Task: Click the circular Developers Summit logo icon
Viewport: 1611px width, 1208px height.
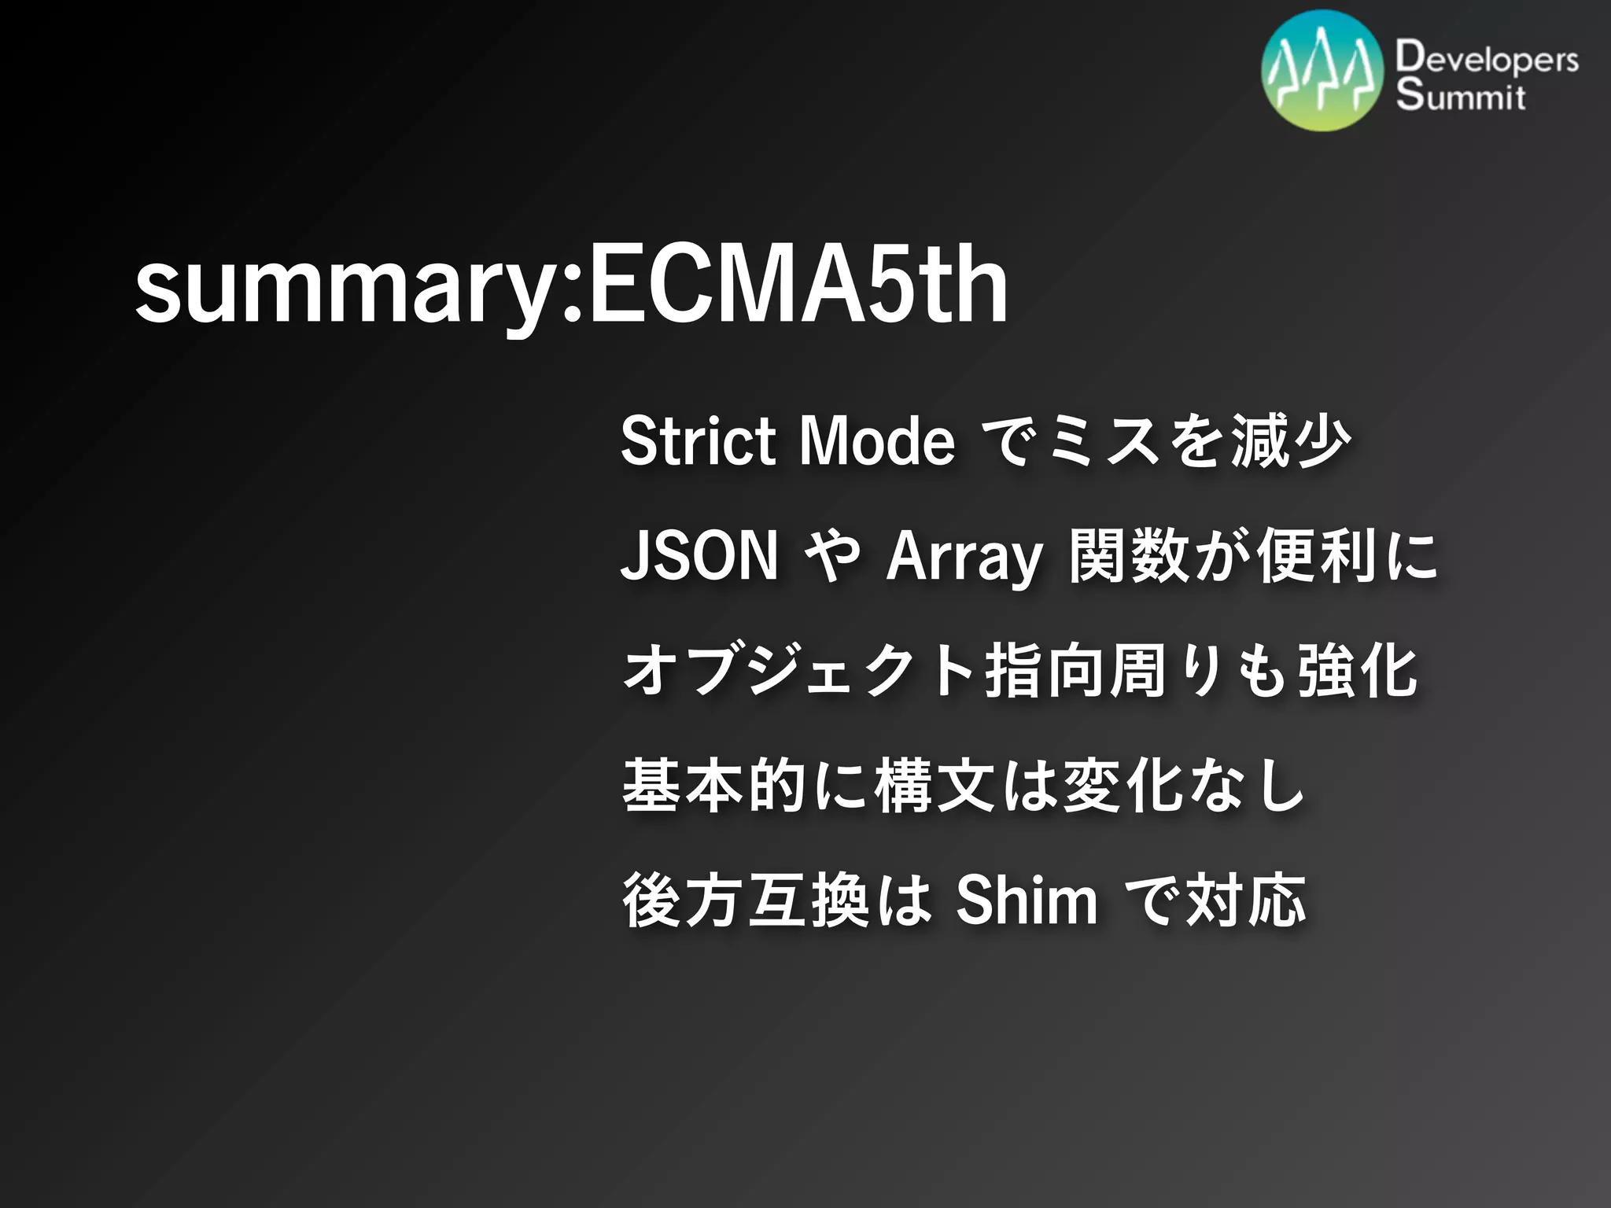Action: click(x=1322, y=71)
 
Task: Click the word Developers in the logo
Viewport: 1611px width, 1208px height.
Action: click(x=1487, y=60)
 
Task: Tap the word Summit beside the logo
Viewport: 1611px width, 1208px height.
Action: click(x=1461, y=96)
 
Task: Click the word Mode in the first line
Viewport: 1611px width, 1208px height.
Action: click(x=876, y=441)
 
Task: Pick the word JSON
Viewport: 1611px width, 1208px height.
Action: click(x=699, y=556)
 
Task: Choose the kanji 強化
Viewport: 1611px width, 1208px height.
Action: click(x=1357, y=672)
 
